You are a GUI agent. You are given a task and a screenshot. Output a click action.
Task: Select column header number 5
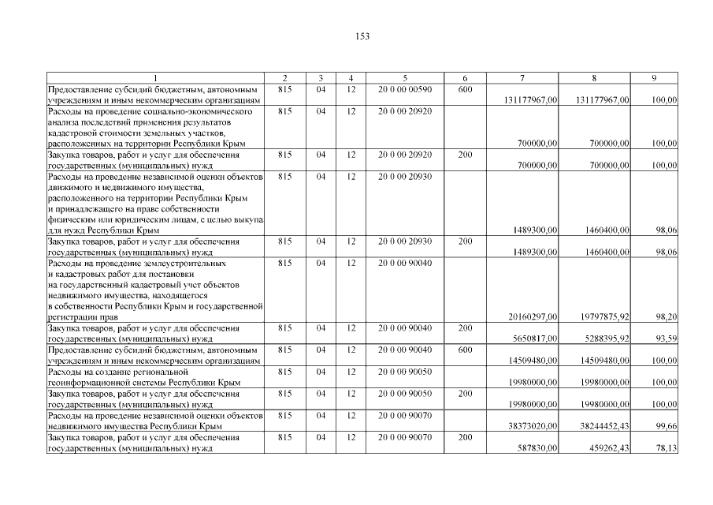coord(404,78)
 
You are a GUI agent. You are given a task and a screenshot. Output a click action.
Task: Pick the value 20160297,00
coord(533,317)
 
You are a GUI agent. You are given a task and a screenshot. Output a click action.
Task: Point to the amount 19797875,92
coord(603,317)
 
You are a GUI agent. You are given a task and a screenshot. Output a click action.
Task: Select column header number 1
coord(155,78)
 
